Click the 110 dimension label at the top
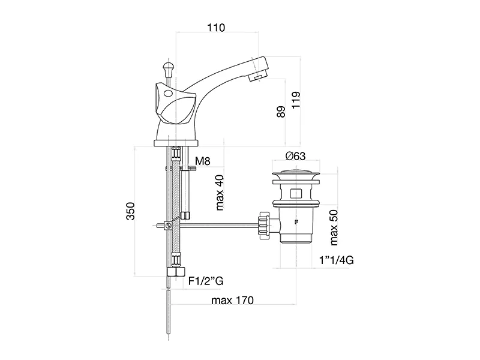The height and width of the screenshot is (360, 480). tap(216, 28)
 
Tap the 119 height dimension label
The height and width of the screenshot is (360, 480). tap(296, 100)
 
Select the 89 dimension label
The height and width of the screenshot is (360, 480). tap(281, 112)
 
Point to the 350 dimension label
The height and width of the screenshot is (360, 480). tap(130, 211)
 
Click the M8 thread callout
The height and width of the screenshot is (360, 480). tap(203, 161)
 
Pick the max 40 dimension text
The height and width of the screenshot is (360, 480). tap(220, 193)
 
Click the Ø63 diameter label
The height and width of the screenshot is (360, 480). tap(295, 156)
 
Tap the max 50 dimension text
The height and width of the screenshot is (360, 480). tap(334, 227)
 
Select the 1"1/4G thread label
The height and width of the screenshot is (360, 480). tap(337, 260)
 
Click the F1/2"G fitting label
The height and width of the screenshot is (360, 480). tap(206, 281)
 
